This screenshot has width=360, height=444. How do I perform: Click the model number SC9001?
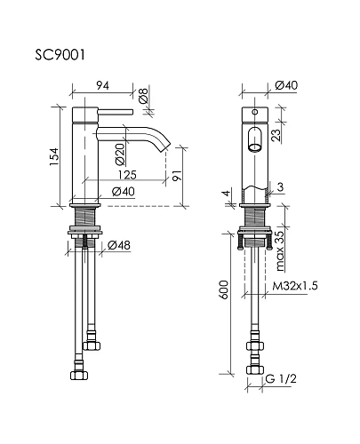point(60,55)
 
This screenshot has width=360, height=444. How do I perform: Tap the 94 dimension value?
point(102,85)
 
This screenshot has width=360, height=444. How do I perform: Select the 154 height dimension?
point(54,156)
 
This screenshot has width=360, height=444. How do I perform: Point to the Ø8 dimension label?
point(143,95)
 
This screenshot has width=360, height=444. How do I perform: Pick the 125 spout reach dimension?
point(127,175)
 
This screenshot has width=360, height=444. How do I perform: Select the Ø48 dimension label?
point(119,245)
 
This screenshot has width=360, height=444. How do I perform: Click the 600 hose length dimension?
point(224,289)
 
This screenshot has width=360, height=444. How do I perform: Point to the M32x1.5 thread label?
point(295,286)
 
